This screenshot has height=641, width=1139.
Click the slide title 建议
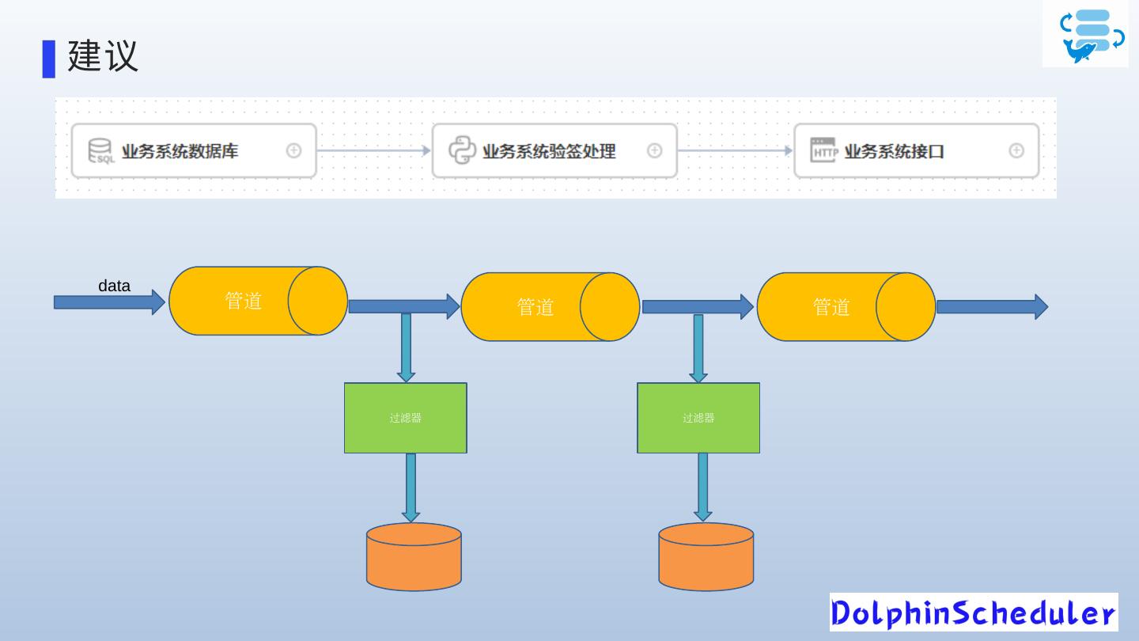click(103, 55)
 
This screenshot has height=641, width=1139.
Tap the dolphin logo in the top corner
click(1085, 35)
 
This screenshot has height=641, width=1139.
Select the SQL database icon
click(100, 150)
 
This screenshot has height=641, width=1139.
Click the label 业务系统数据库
click(180, 150)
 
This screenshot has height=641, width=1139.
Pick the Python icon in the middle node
click(463, 150)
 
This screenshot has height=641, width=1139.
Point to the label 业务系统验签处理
click(549, 150)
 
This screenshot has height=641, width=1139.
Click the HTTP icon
click(823, 150)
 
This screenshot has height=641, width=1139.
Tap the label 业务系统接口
click(894, 150)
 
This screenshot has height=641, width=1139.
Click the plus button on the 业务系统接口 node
click(1016, 150)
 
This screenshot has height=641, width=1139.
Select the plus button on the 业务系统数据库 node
click(293, 150)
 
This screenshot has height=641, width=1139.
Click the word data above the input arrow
click(114, 286)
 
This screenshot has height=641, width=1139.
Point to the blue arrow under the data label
click(108, 302)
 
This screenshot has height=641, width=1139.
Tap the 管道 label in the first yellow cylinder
click(243, 301)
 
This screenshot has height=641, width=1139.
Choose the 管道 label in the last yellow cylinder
click(831, 307)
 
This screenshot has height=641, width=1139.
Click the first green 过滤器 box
click(405, 418)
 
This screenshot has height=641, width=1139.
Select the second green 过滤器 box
click(698, 418)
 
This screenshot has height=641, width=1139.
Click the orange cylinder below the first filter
click(414, 557)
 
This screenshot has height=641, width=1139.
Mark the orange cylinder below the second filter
click(706, 557)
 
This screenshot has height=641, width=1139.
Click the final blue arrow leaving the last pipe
click(992, 306)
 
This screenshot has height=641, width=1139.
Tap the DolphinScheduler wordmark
click(974, 613)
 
